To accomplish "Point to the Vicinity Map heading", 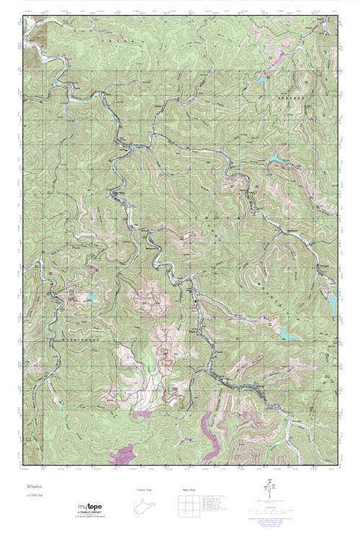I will click(x=144, y=490).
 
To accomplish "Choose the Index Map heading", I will click(x=189, y=490).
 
